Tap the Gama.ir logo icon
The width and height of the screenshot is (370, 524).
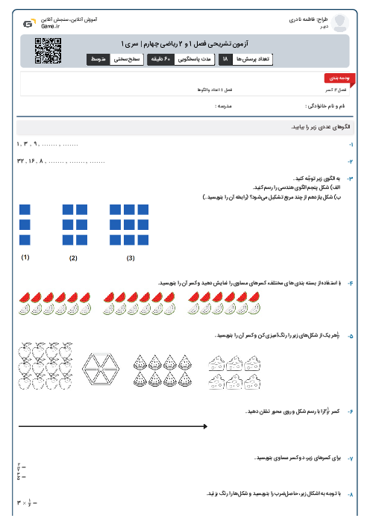coord(28,23)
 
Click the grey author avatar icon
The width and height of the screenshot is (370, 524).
coord(341,22)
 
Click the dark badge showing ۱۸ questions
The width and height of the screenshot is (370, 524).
coord(226,59)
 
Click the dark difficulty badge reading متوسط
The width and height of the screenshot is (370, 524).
coord(99,59)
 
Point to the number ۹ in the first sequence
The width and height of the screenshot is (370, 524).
coord(36,143)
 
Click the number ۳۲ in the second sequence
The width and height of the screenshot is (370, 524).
coord(20,160)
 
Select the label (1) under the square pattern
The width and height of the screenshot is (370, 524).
coord(25,258)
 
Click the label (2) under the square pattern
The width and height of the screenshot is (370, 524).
coord(73,258)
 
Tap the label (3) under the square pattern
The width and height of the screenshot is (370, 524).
coord(131,258)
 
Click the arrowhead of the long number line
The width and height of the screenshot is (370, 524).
coord(204,426)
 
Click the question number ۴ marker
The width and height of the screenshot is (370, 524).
coord(351,282)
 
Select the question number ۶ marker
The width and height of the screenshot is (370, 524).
coord(351,411)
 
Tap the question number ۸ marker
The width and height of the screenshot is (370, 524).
coord(351,494)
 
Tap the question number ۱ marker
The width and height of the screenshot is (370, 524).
coord(351,143)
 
